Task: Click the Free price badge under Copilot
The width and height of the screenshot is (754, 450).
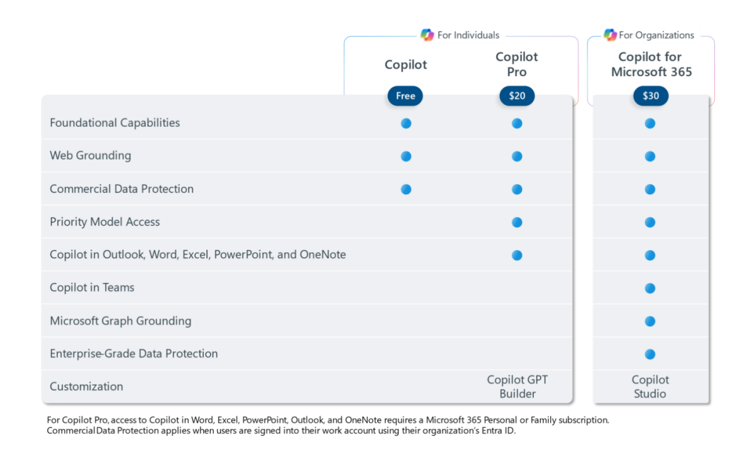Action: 405,96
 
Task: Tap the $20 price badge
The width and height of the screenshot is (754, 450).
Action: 517,96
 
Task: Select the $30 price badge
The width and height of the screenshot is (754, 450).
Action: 650,96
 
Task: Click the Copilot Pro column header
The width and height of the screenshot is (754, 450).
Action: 517,65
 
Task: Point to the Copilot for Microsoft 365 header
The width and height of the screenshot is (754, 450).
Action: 651,65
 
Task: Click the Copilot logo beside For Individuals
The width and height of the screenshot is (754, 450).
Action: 427,35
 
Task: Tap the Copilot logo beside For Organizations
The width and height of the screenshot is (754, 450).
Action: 609,35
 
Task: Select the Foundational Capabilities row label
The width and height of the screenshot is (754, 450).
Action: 114,123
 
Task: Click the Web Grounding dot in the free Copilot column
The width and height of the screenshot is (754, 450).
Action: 406,156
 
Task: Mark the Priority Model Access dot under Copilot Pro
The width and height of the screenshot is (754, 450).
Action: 517,222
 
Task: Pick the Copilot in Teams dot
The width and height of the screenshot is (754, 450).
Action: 650,288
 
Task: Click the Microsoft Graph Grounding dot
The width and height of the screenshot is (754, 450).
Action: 650,321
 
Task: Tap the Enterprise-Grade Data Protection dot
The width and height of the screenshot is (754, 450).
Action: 650,354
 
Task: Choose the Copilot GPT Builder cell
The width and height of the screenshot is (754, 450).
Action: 518,387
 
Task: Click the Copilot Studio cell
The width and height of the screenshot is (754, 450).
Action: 650,387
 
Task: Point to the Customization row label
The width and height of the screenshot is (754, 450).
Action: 86,387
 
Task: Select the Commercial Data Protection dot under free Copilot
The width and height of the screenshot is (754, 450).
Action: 406,189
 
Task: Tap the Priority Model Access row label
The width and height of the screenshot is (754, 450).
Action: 104,222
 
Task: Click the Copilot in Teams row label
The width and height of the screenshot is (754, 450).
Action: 92,288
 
